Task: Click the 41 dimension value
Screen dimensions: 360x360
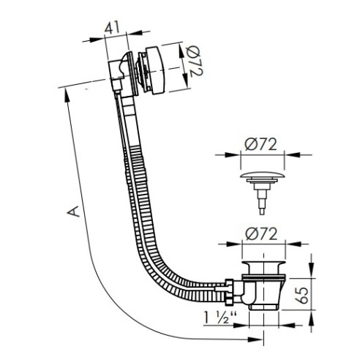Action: [112, 27]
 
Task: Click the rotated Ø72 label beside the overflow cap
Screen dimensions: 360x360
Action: [195, 61]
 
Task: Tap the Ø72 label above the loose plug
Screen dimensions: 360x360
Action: [261, 144]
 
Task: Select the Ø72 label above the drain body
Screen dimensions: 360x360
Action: [261, 234]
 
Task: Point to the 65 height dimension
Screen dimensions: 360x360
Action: [303, 295]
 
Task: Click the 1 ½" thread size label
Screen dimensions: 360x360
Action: [220, 318]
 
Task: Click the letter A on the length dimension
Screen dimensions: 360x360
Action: [73, 211]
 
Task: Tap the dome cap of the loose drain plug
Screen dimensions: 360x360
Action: [263, 176]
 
